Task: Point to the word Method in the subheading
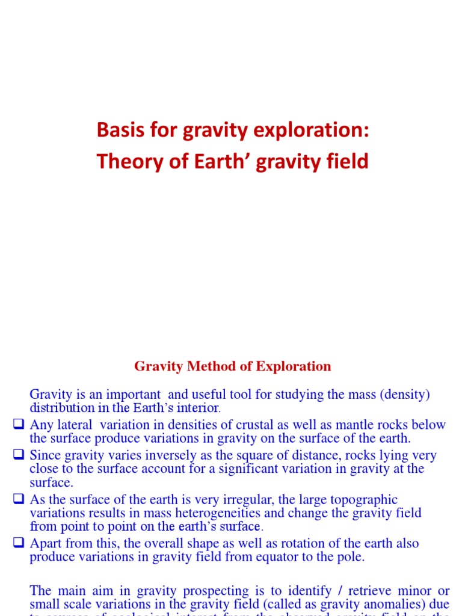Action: [x=206, y=366]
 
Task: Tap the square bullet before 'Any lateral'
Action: [x=18, y=425]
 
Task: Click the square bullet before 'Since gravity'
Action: [x=18, y=455]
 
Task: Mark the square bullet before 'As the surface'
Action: [x=18, y=499]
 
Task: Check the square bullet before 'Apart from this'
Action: [x=18, y=543]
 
